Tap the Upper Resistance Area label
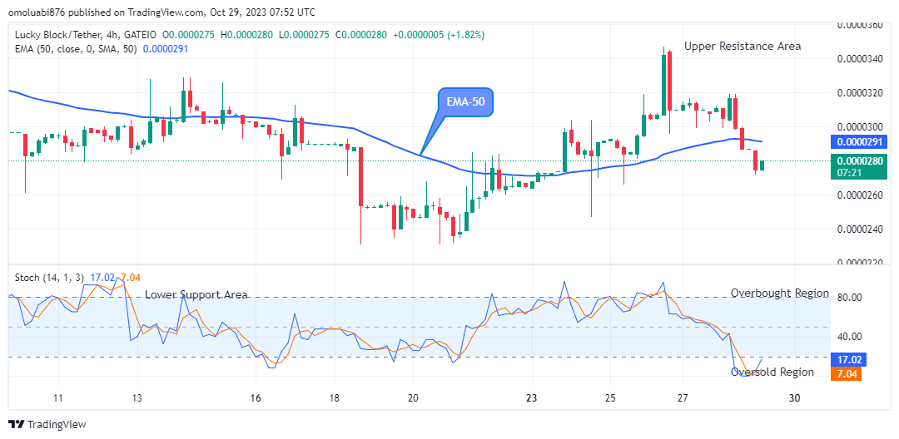coord(743,47)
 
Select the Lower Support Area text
coord(196,295)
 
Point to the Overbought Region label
coord(780,293)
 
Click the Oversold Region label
coord(772,372)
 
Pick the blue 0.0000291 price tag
coord(857,142)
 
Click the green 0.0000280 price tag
coord(857,161)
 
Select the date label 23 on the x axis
coord(533,398)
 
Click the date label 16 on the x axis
coord(256,398)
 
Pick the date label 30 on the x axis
coord(794,398)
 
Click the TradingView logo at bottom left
coord(48,424)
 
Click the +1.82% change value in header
coord(467,35)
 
